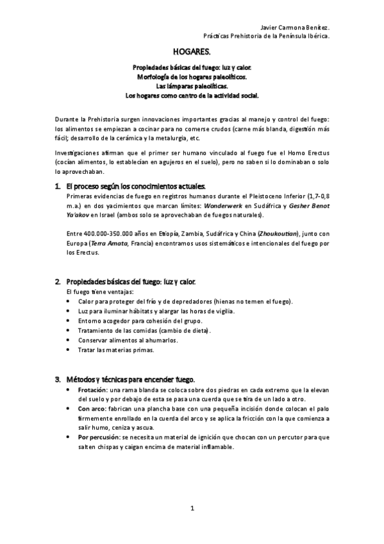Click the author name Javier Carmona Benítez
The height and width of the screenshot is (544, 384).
296,28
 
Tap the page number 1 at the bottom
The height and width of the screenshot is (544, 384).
192,509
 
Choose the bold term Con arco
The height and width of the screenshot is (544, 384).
92,408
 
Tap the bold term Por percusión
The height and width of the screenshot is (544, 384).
97,438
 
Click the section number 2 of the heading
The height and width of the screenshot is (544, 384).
58,282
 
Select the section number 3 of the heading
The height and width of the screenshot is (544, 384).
58,380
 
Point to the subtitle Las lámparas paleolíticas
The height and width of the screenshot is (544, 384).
192,85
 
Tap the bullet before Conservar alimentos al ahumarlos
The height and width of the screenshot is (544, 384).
69,340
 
